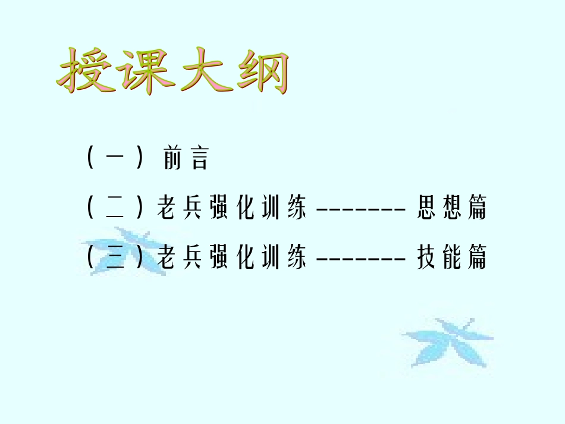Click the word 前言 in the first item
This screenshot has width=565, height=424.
coord(185,159)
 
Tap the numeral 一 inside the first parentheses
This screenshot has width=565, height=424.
coord(115,159)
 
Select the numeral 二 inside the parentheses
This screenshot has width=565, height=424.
coord(115,209)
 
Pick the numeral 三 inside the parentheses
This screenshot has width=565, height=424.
coord(115,258)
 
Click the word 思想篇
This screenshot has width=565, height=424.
coord(452,209)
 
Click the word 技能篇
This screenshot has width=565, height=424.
coord(452,258)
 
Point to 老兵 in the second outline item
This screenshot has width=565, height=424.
coord(179,209)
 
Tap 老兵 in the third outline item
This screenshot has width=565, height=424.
coord(179,258)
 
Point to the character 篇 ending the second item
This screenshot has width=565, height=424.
coord(477,209)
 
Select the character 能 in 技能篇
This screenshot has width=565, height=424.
coord(452,258)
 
